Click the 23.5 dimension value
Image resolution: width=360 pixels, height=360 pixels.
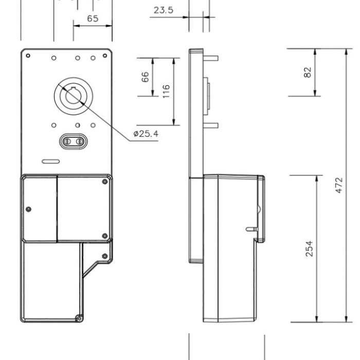[x=163, y=10]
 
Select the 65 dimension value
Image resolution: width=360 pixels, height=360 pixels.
[x=93, y=19]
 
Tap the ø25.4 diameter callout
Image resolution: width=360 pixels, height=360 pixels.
[x=146, y=134]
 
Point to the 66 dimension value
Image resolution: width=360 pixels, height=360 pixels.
[x=145, y=77]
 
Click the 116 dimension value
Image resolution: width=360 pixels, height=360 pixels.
[x=166, y=92]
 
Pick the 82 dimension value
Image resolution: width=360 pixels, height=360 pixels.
[x=308, y=73]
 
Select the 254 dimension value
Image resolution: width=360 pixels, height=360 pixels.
[x=309, y=248]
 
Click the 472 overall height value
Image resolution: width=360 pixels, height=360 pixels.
[x=339, y=185]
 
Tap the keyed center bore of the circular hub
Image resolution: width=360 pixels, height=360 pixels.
[x=74, y=96]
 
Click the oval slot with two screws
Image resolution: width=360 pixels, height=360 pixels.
[x=74, y=141]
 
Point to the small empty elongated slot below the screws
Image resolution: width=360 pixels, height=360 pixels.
[x=51, y=161]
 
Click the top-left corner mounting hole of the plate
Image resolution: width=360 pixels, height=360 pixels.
[x=28, y=56]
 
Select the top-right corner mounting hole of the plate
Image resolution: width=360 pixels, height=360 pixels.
[x=105, y=56]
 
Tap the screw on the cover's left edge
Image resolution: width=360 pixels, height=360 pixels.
[x=28, y=209]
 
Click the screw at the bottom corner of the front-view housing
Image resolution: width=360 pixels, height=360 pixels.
[x=79, y=319]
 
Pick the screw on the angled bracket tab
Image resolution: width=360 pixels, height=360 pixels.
[x=105, y=256]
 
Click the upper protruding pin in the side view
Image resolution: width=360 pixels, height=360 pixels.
[x=211, y=58]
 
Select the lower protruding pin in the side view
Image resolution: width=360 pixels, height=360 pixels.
[x=211, y=125]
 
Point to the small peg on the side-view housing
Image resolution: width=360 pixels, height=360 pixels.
[x=251, y=229]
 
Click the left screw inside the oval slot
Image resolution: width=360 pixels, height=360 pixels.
[x=67, y=141]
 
